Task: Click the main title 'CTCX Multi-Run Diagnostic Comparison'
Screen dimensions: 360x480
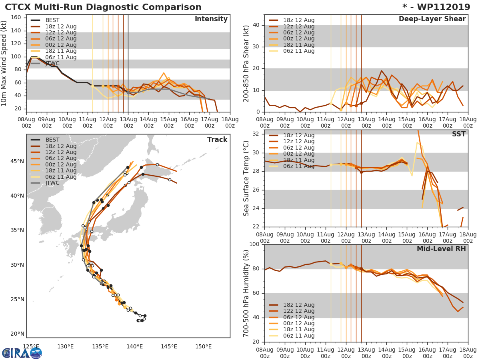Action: [x=103, y=7]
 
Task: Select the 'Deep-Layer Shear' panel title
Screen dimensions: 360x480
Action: [x=432, y=19]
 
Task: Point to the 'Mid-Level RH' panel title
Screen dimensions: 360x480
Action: [x=441, y=249]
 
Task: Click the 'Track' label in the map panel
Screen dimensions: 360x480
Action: [x=217, y=140]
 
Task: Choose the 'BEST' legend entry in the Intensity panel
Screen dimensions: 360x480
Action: [x=52, y=20]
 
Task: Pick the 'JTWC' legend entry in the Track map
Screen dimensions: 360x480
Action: [x=52, y=183]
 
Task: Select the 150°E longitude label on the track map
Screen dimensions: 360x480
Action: [x=204, y=346]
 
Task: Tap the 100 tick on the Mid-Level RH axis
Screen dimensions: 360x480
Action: [x=254, y=244]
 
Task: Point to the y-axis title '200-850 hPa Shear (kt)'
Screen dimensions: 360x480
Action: [x=246, y=63]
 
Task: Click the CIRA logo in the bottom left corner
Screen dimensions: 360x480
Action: [x=22, y=353]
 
